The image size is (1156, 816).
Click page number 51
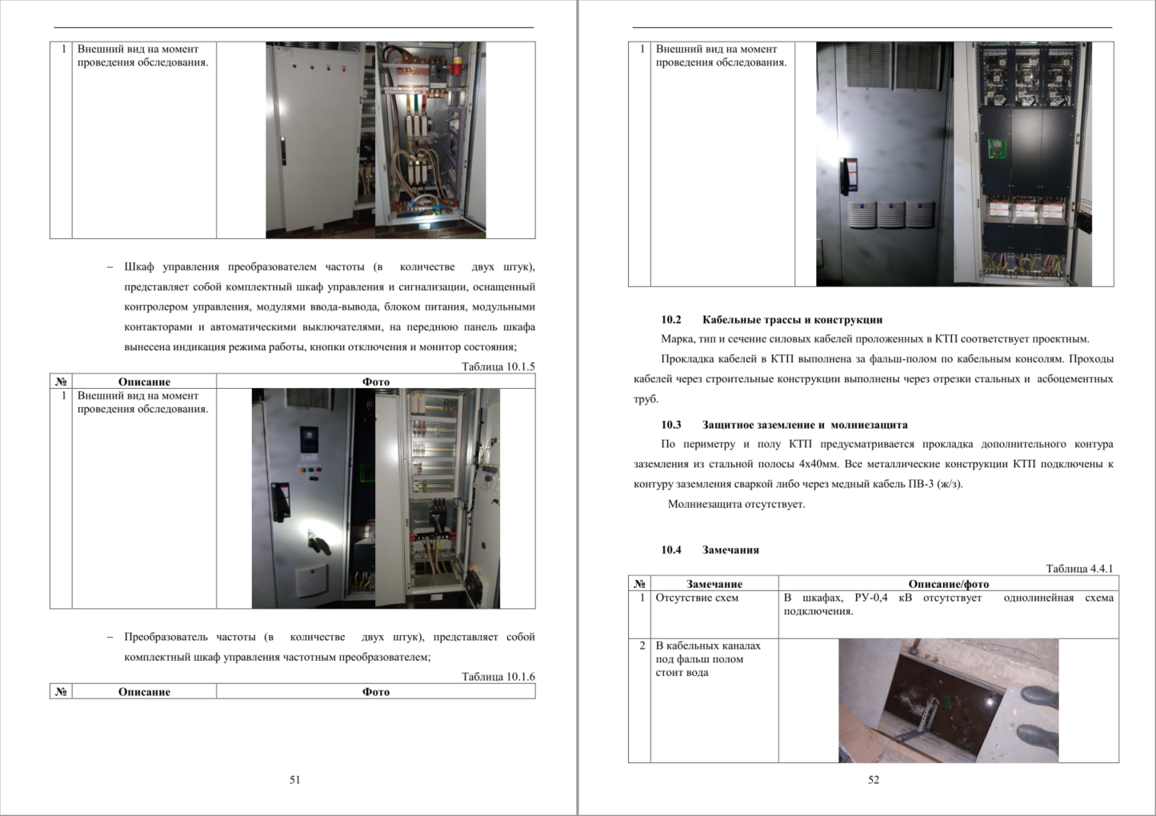[x=294, y=779]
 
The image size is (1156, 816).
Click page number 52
[x=873, y=779]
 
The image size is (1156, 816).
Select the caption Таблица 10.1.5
[x=498, y=366]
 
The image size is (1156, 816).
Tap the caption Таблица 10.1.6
[x=498, y=676]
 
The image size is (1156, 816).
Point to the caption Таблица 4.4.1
[x=1080, y=568]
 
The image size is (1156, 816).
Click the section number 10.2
[x=671, y=319]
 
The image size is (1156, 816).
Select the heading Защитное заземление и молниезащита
[x=805, y=425]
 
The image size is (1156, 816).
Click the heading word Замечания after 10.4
[x=730, y=550]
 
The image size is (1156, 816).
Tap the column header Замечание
[x=714, y=584]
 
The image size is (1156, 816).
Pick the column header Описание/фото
[x=949, y=584]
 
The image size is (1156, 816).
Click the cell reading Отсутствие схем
[x=697, y=598]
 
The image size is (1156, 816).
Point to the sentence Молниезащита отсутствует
[x=737, y=504]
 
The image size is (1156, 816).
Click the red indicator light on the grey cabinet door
[x=344, y=69]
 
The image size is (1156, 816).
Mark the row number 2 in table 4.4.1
[x=642, y=645]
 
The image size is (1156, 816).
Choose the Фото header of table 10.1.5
[x=376, y=382]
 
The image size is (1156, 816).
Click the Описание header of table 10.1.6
[x=144, y=692]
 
